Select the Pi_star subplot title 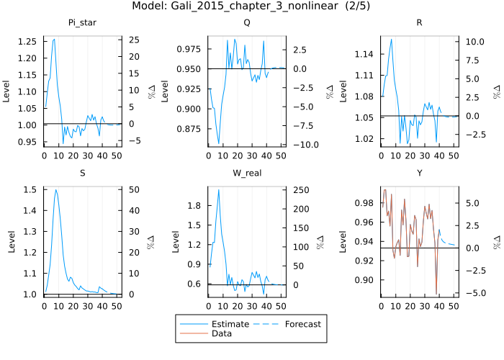coord(84,22)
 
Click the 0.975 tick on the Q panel coord(192,49)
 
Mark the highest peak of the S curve coord(55,189)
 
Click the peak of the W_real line coord(218,189)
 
